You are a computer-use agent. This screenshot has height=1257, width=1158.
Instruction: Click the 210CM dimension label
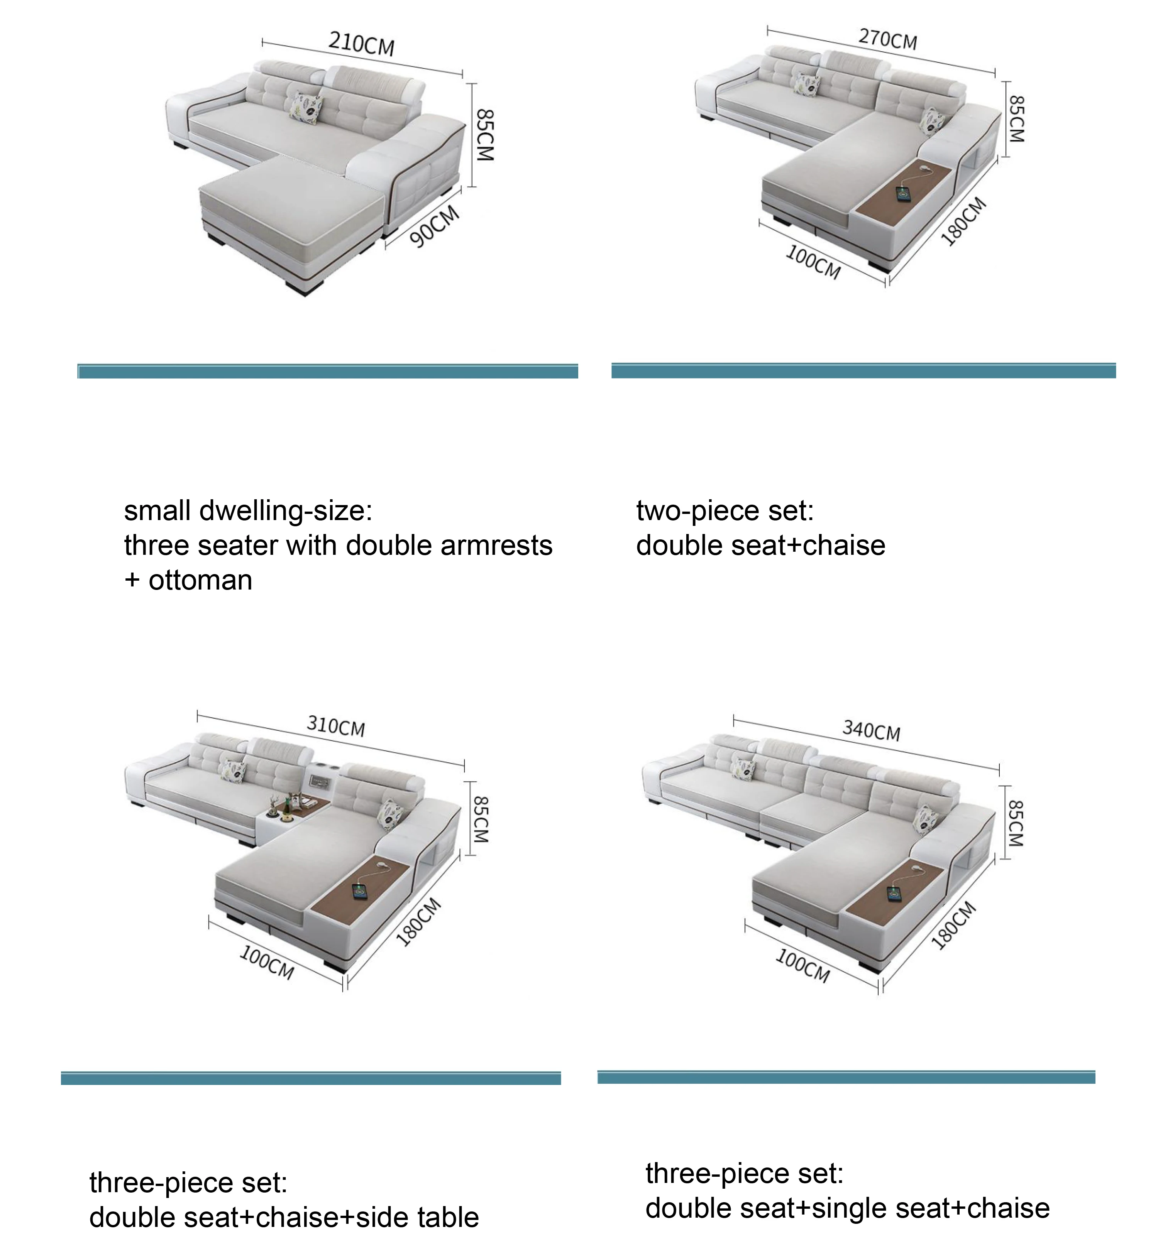pos(362,44)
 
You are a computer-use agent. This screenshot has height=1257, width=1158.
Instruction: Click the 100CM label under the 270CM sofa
pos(813,262)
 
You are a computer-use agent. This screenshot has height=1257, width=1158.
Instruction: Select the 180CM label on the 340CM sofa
pos(954,925)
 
